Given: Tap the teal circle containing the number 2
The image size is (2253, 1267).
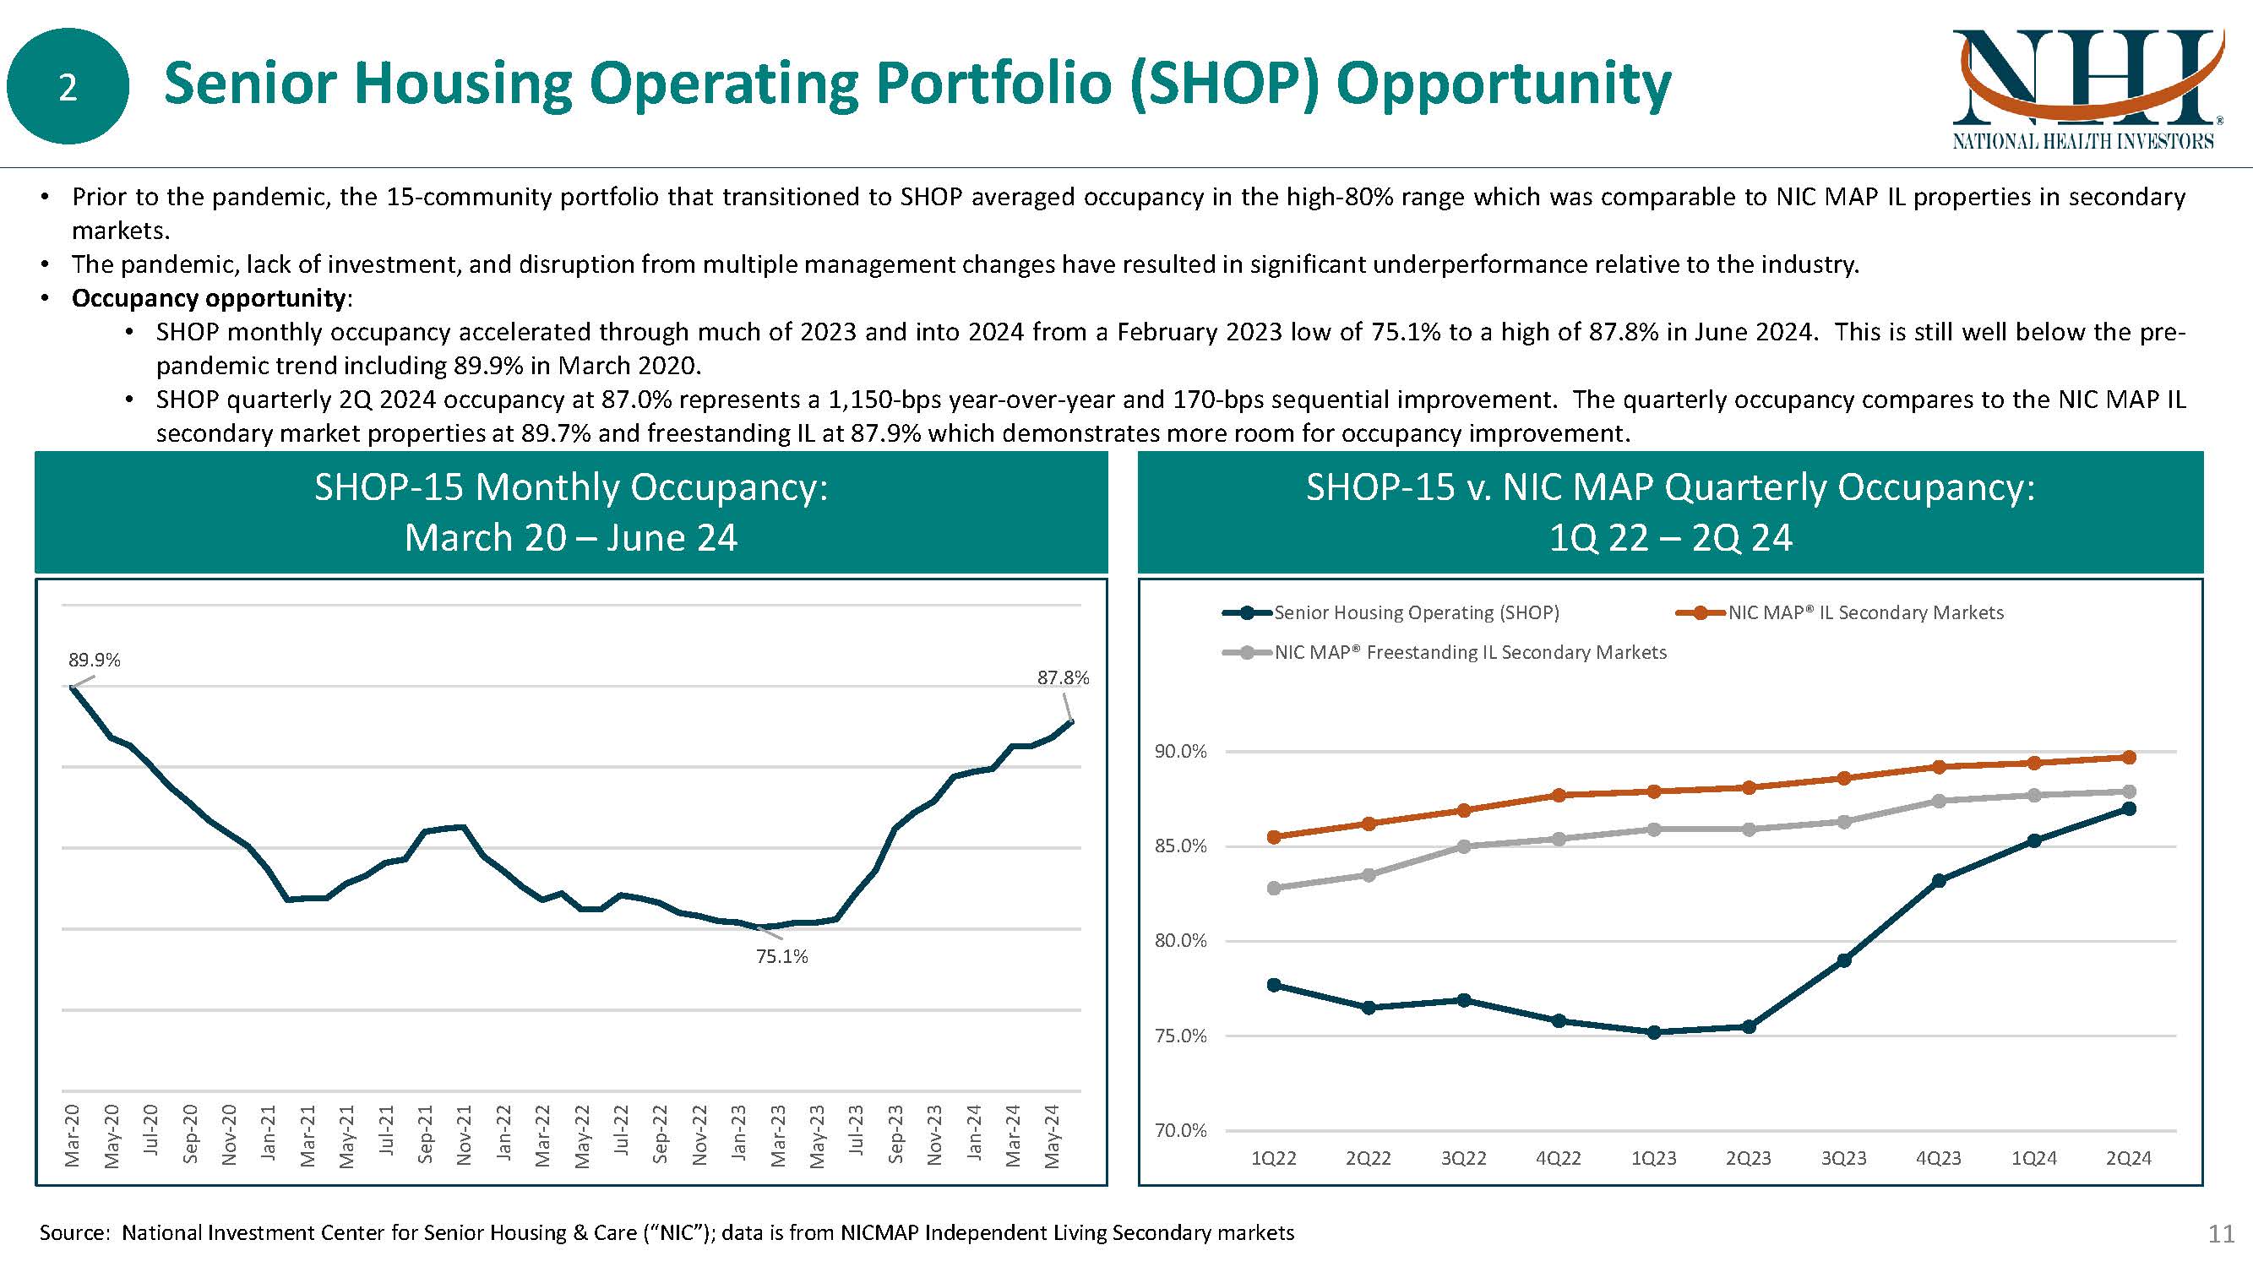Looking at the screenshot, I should (68, 86).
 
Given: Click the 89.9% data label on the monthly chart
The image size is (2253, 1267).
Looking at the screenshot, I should (95, 661).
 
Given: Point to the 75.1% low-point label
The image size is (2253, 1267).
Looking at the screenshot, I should (782, 957).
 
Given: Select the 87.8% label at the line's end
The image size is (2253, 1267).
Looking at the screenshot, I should (1063, 677).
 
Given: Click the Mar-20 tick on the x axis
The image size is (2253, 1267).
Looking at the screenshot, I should (73, 1135).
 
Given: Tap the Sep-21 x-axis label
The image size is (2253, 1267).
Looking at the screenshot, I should (425, 1135).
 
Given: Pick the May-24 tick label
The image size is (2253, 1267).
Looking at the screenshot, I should (1052, 1135).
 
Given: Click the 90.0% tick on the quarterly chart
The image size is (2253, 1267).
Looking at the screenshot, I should (1180, 752).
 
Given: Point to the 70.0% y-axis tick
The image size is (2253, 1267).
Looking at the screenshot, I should (1180, 1131).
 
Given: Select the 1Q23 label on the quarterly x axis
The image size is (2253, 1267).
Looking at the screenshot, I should (1653, 1159).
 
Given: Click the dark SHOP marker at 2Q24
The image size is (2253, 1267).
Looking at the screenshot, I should (2129, 809).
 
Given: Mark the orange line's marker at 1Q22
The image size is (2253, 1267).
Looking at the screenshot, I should (1273, 837).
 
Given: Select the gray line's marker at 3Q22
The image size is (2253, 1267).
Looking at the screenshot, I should (1464, 846).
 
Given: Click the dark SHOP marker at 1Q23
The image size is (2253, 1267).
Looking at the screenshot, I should (1653, 1032).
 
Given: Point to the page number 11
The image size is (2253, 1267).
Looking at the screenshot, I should (2221, 1234).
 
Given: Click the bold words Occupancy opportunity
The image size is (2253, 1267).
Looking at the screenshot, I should (208, 298).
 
